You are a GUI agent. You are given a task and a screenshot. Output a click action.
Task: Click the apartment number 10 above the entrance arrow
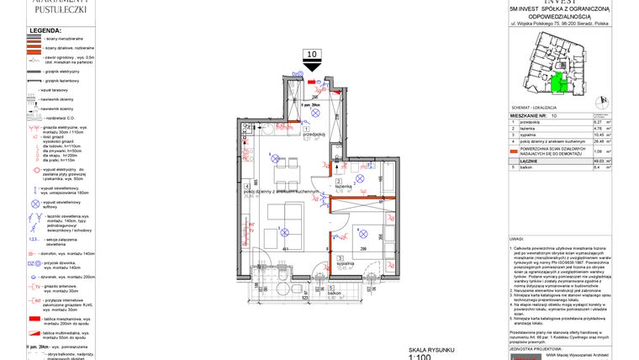tap(312, 55)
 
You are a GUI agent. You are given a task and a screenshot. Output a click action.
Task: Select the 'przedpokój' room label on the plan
tap(314, 134)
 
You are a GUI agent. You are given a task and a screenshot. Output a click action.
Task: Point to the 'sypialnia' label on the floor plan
tap(345, 263)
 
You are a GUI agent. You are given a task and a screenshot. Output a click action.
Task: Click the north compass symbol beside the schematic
tap(599, 102)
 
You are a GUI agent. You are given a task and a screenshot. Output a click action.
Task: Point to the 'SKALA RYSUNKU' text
tap(432, 348)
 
